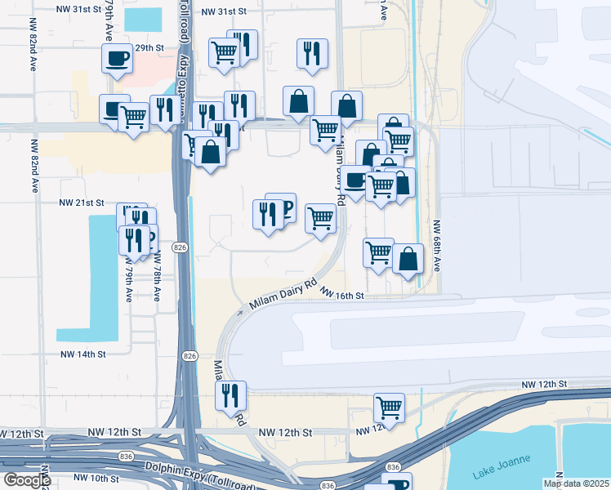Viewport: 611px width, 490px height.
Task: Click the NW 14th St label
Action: pyautogui.click(x=83, y=354)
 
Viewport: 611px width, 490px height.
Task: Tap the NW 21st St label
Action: pyautogui.click(x=83, y=203)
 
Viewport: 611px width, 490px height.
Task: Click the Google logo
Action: pyautogui.click(x=26, y=480)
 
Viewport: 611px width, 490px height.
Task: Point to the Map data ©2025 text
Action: pyautogui.click(x=576, y=483)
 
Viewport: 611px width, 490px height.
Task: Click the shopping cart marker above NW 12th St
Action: pyautogui.click(x=389, y=407)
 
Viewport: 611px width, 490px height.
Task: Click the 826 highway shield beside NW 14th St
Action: pyautogui.click(x=190, y=356)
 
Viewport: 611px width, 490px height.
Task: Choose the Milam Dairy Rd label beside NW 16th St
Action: pyautogui.click(x=283, y=296)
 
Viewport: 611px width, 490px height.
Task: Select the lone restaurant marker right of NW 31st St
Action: pyautogui.click(x=311, y=53)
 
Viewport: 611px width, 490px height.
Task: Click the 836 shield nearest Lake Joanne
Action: pyautogui.click(x=394, y=467)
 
